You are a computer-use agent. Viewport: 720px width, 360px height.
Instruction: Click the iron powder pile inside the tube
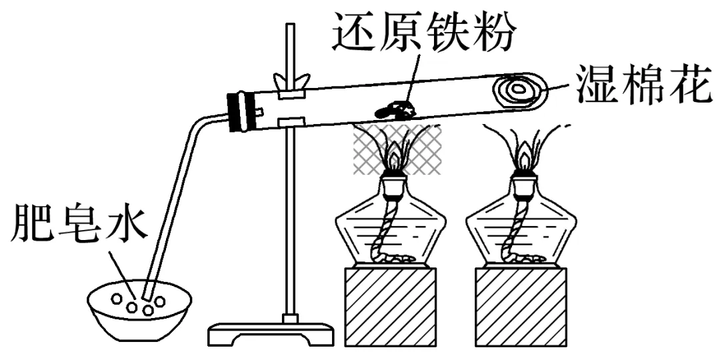coord(396,108)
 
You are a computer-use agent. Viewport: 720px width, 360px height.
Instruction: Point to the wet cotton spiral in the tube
coord(519,87)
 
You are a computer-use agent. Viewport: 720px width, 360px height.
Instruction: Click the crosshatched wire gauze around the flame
coord(397,150)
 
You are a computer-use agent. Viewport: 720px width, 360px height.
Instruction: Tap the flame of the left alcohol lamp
coord(397,159)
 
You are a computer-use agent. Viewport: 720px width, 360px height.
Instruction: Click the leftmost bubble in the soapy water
coord(117,299)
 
